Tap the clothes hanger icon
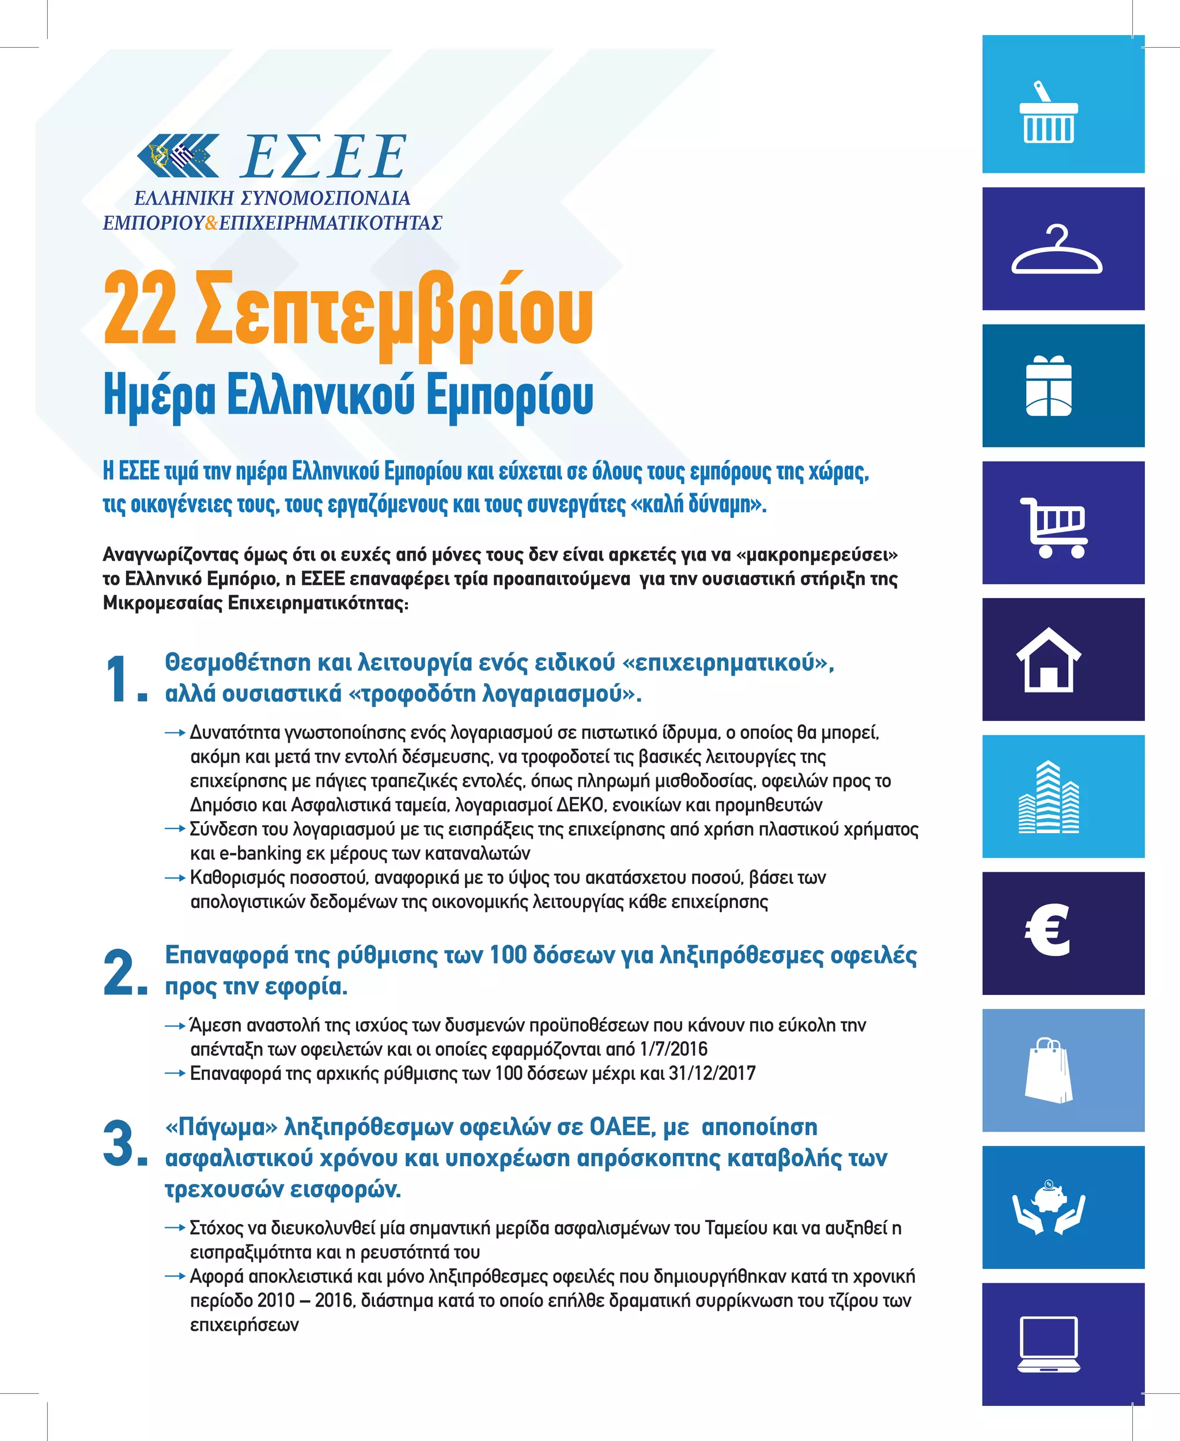point(1056,250)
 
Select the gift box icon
point(1049,385)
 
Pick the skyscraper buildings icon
point(1049,797)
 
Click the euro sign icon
point(1047,931)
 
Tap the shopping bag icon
point(1049,1070)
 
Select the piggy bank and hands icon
point(1049,1208)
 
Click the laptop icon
point(1049,1344)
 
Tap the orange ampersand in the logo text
point(211,223)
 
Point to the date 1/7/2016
point(674,1049)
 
